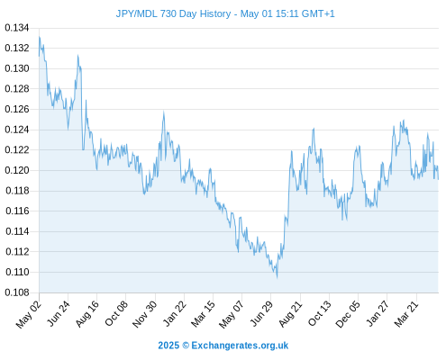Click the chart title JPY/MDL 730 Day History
(x=173, y=13)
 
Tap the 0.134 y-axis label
(x=17, y=28)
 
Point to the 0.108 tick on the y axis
(x=17, y=292)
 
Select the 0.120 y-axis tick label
(x=17, y=170)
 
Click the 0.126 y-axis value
(x=17, y=109)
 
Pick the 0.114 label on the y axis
(x=17, y=231)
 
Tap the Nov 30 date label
(x=144, y=314)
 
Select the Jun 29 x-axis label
(x=261, y=313)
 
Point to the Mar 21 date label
(x=406, y=314)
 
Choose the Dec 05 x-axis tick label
(x=348, y=314)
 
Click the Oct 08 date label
(x=116, y=313)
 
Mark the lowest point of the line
(x=277, y=277)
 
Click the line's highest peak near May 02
(x=40, y=37)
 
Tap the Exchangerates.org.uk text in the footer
(x=240, y=346)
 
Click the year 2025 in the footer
(x=168, y=346)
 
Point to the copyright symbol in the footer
(x=186, y=346)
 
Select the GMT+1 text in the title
(x=318, y=13)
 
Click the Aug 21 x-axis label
(x=290, y=313)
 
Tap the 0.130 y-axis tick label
(x=17, y=68)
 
